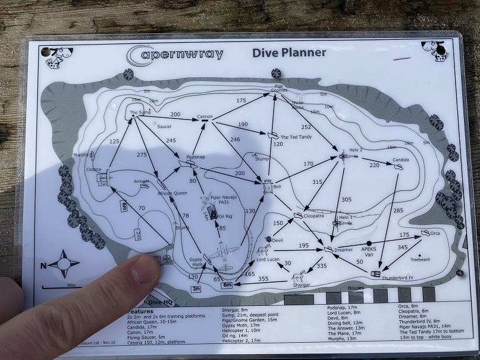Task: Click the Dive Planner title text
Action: coord(289,52)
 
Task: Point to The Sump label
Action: coord(140,112)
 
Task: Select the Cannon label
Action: coord(205,116)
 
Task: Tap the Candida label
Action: coord(401,161)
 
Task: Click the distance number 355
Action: coord(263,278)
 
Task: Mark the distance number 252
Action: coord(306,127)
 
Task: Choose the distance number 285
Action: coord(398,211)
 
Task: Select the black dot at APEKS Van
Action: coord(369,243)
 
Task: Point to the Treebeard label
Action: coord(419,259)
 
